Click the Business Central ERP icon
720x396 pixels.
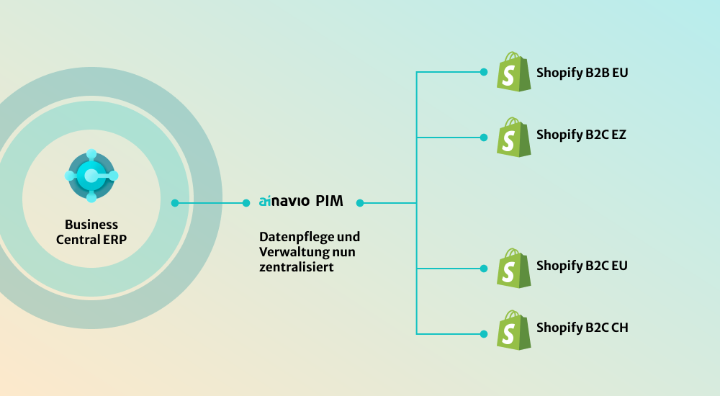click(91, 176)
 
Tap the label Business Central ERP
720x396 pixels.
click(91, 232)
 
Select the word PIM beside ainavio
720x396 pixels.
click(329, 202)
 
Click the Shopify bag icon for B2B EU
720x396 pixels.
click(513, 72)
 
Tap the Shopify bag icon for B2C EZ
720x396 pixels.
click(513, 136)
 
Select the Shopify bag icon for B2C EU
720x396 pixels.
click(513, 268)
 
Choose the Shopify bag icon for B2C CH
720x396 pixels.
click(513, 330)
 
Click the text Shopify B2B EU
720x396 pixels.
click(582, 73)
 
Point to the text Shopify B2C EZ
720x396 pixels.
click(581, 135)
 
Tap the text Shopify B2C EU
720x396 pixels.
click(582, 266)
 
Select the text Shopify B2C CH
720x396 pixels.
click(582, 328)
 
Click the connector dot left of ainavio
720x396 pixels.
click(246, 203)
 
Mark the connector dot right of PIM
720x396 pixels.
click(360, 203)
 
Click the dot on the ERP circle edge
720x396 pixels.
click(175, 203)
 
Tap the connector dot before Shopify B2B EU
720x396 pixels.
click(484, 72)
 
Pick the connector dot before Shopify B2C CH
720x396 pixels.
click(484, 333)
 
